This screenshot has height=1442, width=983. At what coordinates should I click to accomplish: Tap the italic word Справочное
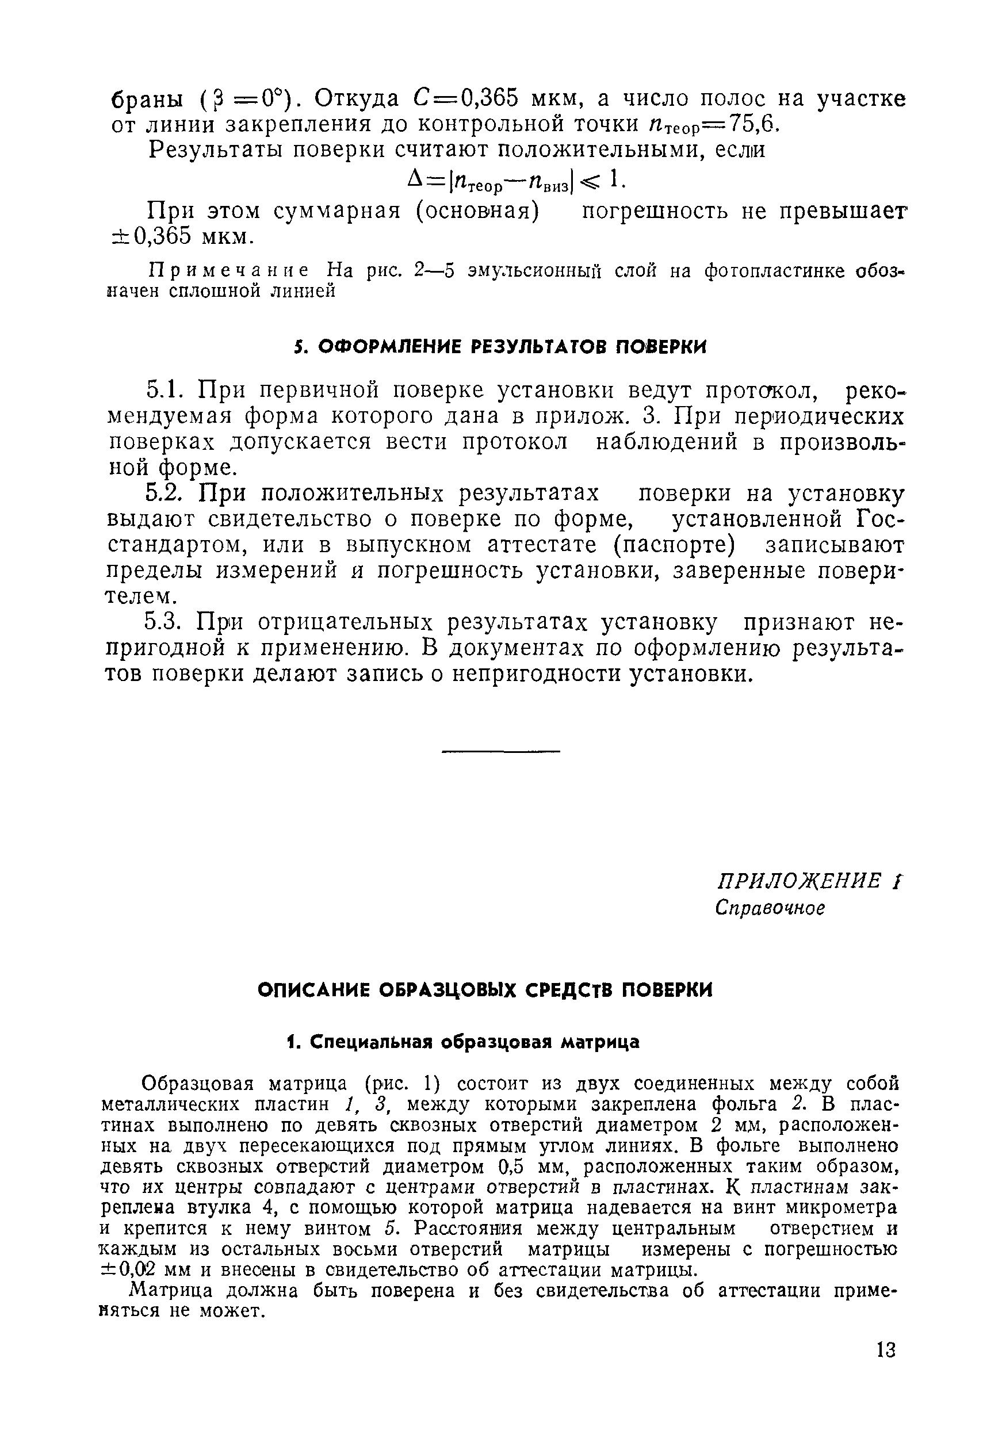pyautogui.click(x=770, y=908)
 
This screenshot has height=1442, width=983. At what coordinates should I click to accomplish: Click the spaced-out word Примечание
pyautogui.click(x=230, y=271)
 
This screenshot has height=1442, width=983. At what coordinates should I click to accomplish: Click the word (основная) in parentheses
pyautogui.click(x=478, y=211)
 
